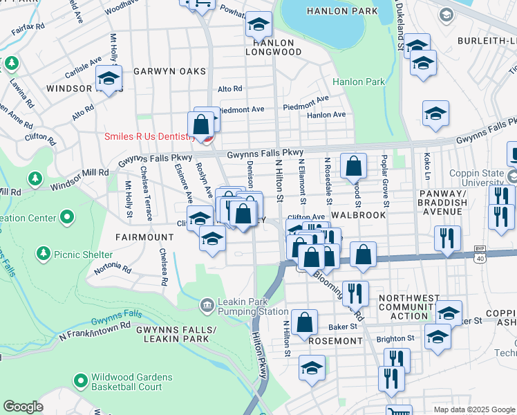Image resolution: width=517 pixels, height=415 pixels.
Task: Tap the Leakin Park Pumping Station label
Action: pyautogui.click(x=253, y=306)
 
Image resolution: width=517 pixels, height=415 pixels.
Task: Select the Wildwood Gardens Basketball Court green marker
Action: pyautogui.click(x=81, y=381)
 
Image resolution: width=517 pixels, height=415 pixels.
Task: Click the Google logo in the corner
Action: pyautogui.click(x=23, y=407)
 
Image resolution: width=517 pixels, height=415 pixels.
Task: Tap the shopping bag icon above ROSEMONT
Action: pyautogui.click(x=304, y=322)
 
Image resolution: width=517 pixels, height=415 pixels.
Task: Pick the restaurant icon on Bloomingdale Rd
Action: pyautogui.click(x=355, y=293)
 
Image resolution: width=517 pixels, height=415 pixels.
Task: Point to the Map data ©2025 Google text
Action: pyautogui.click(x=474, y=409)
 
